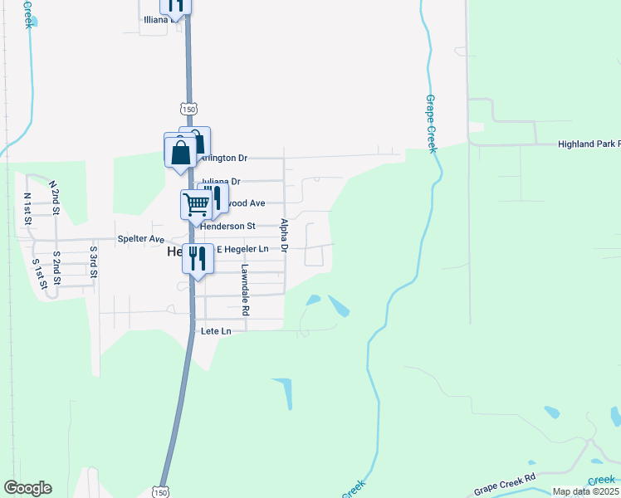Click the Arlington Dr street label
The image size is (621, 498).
pyautogui.click(x=225, y=158)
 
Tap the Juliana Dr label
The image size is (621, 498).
pyautogui.click(x=221, y=181)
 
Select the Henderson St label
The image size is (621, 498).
pyautogui.click(x=227, y=226)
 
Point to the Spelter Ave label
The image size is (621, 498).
pyautogui.click(x=141, y=239)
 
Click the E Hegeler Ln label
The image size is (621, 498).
pyautogui.click(x=243, y=249)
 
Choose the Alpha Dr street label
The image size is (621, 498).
pyautogui.click(x=284, y=236)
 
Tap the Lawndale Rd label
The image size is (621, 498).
pyautogui.click(x=245, y=290)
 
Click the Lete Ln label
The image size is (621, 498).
pyautogui.click(x=216, y=330)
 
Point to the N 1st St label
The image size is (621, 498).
pyautogui.click(x=27, y=208)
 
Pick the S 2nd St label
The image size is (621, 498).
pyautogui.click(x=56, y=266)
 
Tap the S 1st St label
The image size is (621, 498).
pyautogui.click(x=38, y=274)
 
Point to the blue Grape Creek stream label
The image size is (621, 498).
pyautogui.click(x=431, y=124)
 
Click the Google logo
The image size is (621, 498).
pyautogui.click(x=27, y=488)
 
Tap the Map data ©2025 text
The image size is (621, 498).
pyautogui.click(x=585, y=491)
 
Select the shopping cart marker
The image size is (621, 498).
pyautogui.click(x=196, y=203)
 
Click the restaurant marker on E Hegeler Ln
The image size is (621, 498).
pyautogui.click(x=198, y=258)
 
